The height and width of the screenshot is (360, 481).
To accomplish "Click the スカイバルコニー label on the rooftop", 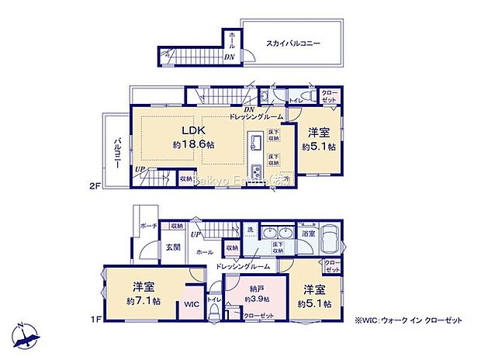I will [294, 44].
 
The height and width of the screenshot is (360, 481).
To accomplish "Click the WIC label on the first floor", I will [192, 304].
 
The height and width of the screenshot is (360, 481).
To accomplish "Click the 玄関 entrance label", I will [172, 247].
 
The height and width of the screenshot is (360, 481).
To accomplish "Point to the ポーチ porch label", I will [149, 226].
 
